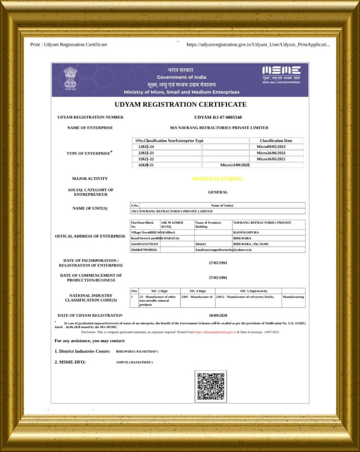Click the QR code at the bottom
[210, 386]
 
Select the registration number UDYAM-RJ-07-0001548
[218, 117]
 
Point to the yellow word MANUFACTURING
[217, 179]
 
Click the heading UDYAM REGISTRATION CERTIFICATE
[180, 105]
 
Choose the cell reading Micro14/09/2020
[235, 165]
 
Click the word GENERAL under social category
[218, 192]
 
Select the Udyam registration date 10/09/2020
[218, 315]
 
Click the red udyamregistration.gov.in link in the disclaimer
[215, 332]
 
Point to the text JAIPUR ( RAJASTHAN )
[134, 362]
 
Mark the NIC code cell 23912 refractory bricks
[248, 297]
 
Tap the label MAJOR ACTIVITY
[90, 179]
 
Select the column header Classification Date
[276, 140]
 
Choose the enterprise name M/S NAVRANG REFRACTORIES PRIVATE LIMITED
[219, 128]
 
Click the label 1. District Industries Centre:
[82, 351]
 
